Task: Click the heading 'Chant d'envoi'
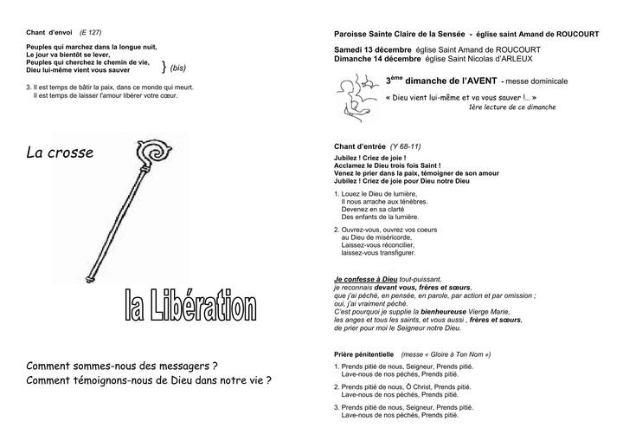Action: [x=49, y=33]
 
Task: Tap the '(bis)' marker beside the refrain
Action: [x=181, y=67]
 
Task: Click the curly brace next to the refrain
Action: [x=164, y=66]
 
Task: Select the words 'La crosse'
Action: [x=60, y=153]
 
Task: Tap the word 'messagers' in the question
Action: [x=183, y=366]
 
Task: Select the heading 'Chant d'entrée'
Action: [x=360, y=146]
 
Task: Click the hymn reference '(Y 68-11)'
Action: [x=405, y=146]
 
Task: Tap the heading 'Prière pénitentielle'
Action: [x=363, y=354]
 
